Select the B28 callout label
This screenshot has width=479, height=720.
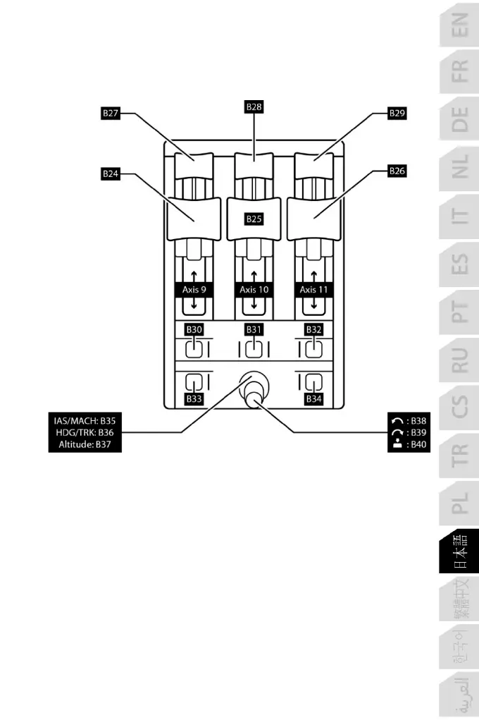(254, 107)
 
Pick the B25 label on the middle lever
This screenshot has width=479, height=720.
(254, 219)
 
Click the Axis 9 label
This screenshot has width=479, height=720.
(194, 289)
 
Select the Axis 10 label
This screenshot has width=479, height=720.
(254, 289)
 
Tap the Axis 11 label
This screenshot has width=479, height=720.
(313, 289)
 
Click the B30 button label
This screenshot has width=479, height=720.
(194, 329)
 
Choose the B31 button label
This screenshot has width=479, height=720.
(254, 329)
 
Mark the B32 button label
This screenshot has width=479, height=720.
(313, 329)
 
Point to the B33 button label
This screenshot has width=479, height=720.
(194, 399)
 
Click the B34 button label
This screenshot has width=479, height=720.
(313, 399)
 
